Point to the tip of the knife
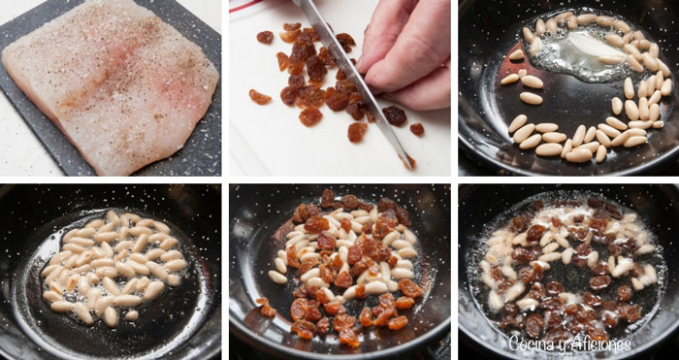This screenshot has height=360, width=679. coord(412,168)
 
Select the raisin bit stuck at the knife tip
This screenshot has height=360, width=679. coord(408,161)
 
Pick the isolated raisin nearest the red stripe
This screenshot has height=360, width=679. coord(265,37)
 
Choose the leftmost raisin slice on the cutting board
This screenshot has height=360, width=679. coord(260,97)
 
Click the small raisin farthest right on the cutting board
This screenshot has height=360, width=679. coord(417,129)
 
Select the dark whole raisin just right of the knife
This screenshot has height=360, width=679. coord(394,115)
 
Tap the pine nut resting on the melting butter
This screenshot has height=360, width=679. coord(610,59)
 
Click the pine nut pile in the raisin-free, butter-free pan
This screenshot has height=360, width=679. coord(114,267)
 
